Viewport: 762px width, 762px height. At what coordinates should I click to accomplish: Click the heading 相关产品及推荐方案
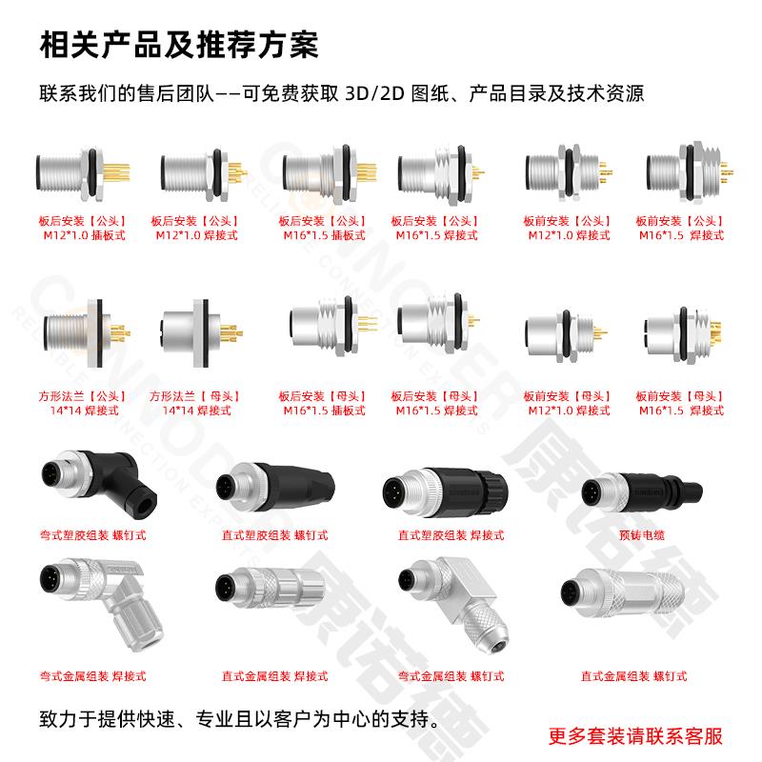tap(179, 45)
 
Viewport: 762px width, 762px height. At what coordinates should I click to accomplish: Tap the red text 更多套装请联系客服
tap(635, 736)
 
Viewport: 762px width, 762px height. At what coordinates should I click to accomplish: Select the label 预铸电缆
tap(642, 535)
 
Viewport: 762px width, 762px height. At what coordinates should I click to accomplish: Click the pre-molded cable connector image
tap(641, 492)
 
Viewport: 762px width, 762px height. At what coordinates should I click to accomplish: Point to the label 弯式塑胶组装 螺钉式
tap(92, 535)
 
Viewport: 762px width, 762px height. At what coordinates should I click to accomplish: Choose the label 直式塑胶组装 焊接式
tap(451, 535)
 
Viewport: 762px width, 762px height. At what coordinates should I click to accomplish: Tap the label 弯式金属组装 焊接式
tap(92, 676)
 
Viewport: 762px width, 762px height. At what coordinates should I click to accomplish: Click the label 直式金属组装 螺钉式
tap(633, 676)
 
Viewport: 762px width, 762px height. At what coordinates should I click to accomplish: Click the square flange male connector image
tap(87, 332)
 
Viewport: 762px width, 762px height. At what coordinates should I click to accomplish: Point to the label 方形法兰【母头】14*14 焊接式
tap(195, 403)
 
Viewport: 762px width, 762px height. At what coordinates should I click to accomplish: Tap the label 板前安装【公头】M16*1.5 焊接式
tap(680, 228)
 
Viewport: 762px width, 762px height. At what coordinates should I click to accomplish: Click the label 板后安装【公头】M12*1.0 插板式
tap(83, 228)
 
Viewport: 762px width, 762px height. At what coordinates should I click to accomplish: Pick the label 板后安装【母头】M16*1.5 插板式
tap(323, 403)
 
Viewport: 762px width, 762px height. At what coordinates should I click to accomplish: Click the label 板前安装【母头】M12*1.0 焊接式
tap(568, 403)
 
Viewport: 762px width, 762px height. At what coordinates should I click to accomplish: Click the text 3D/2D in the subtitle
tap(374, 93)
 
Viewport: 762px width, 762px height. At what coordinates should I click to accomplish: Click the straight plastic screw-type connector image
tap(275, 487)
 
